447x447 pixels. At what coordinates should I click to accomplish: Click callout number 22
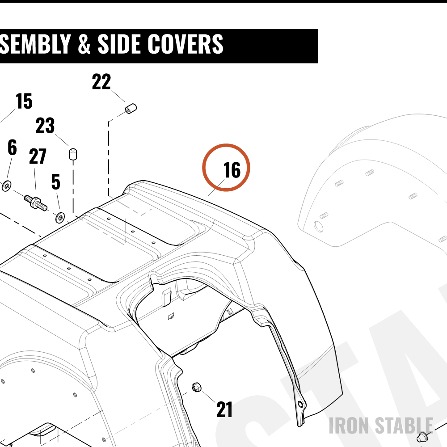coord(101,82)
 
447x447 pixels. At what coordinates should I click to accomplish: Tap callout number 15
coord(24,101)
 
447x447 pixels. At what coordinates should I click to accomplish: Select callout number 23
coord(45,126)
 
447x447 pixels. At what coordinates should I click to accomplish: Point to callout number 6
coord(12,148)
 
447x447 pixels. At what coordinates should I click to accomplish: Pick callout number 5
coord(56,182)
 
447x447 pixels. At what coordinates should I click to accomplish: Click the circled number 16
coord(232,170)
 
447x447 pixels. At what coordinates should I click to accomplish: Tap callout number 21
coord(224,409)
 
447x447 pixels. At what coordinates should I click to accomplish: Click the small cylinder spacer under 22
coord(131,109)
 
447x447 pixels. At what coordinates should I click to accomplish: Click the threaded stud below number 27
coord(36,202)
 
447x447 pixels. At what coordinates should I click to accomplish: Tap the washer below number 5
coord(60,218)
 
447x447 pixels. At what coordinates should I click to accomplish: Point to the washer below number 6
coord(6,186)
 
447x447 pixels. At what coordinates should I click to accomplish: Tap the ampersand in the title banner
coord(84,44)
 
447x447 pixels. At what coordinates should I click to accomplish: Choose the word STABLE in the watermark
coord(404,426)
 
